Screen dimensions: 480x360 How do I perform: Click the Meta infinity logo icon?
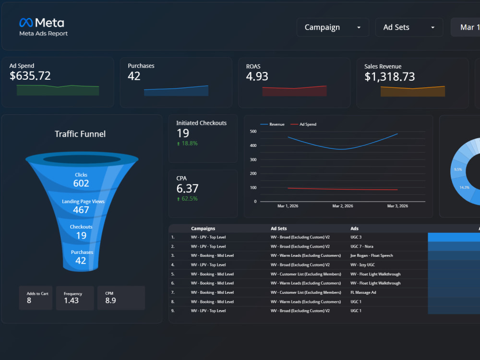26,23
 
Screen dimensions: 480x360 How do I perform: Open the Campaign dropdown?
333,27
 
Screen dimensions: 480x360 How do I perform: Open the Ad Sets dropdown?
409,27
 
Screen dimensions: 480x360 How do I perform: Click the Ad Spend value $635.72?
30,76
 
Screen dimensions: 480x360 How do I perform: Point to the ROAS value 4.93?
257,76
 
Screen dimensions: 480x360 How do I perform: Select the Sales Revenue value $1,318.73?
389,76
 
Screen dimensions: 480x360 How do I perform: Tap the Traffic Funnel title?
80,134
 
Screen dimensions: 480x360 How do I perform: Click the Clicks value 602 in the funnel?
81,183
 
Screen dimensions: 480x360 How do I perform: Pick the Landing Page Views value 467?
81,210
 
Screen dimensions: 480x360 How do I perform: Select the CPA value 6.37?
187,188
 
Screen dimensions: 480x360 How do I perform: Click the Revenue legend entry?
272,124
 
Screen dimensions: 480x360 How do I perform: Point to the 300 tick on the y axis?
253,159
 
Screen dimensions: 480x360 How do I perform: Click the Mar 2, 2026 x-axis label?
343,206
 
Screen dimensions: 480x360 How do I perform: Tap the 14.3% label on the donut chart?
464,187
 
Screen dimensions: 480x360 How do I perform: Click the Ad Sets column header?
278,228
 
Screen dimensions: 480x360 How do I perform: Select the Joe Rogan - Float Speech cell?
372,256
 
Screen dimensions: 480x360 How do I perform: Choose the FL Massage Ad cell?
363,292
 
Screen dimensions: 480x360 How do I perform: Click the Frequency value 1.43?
72,300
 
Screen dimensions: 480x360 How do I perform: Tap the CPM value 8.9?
110,300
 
